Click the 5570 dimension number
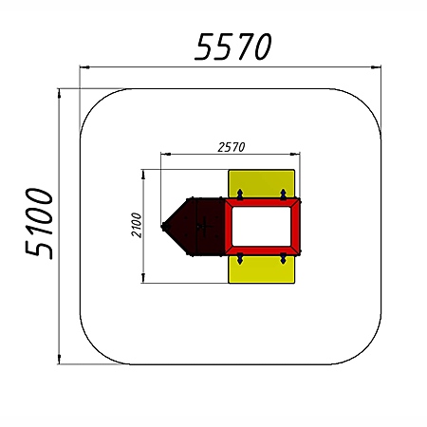tap(233, 46)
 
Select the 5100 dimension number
tap(39, 223)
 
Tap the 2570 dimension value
tap(232, 147)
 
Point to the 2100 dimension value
tap(137, 225)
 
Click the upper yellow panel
tap(262, 183)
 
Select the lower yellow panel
tap(262, 269)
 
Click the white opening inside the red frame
tap(261, 227)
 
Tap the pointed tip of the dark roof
tap(162, 227)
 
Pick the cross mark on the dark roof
tap(206, 226)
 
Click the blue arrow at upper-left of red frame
tap(240, 195)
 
